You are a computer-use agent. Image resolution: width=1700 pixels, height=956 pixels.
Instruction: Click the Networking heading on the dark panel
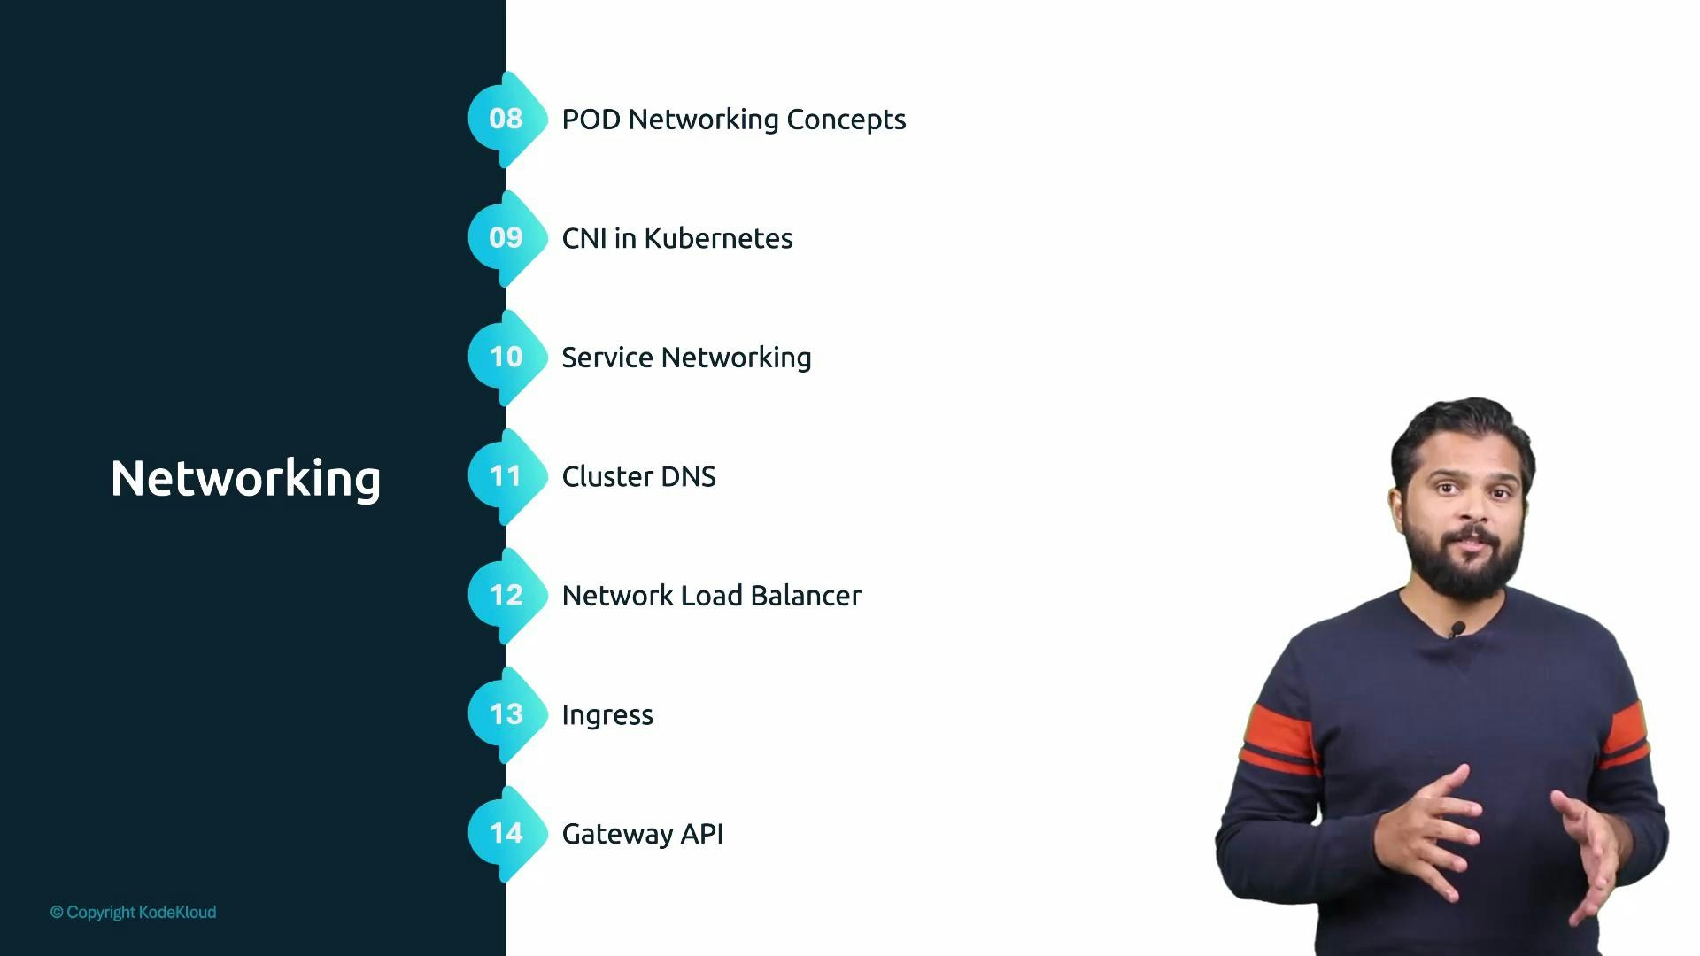pyautogui.click(x=245, y=479)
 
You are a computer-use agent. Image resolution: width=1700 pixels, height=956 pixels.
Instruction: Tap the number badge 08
pyautogui.click(x=506, y=119)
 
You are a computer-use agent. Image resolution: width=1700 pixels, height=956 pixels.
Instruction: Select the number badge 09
pyautogui.click(x=506, y=238)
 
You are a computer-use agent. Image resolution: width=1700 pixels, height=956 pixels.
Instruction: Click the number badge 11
pyautogui.click(x=506, y=476)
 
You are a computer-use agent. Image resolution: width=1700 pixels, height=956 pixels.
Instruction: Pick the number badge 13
pyautogui.click(x=506, y=714)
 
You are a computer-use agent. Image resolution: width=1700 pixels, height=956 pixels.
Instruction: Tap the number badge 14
pyautogui.click(x=506, y=833)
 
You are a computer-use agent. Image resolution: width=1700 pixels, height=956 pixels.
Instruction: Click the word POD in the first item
pyautogui.click(x=591, y=119)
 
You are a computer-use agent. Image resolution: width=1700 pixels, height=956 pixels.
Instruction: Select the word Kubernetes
pyautogui.click(x=718, y=239)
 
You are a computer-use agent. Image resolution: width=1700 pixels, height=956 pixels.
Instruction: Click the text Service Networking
pyautogui.click(x=686, y=358)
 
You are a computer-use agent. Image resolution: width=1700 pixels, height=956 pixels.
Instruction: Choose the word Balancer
pyautogui.click(x=805, y=596)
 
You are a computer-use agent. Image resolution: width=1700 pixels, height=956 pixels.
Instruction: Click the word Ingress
pyautogui.click(x=607, y=715)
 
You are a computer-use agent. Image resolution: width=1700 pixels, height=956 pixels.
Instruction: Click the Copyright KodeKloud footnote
pyautogui.click(x=133, y=912)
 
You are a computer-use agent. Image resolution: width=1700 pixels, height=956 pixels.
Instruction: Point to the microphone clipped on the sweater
pyautogui.click(x=1457, y=629)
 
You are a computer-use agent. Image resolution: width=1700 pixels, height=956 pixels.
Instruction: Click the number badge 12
pyautogui.click(x=506, y=595)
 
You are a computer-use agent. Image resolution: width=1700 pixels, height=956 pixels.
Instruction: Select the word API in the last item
pyautogui.click(x=702, y=834)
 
